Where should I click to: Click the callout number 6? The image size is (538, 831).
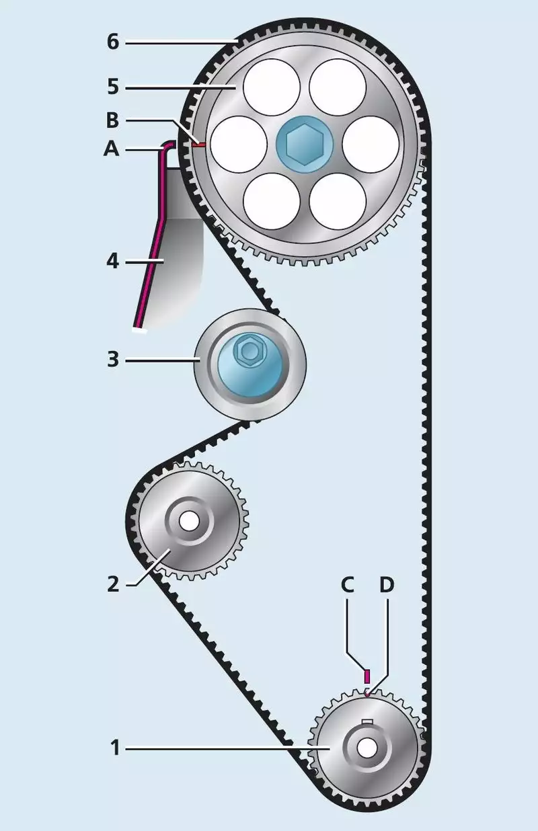[x=112, y=42]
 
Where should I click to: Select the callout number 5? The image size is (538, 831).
[x=112, y=87]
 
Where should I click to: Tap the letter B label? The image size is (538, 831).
[x=112, y=121]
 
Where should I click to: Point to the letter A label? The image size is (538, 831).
[x=111, y=149]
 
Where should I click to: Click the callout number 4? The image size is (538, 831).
[x=112, y=260]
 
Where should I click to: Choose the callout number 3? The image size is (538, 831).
[x=112, y=360]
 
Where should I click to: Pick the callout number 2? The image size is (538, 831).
[x=113, y=583]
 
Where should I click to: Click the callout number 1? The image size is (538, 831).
[x=115, y=746]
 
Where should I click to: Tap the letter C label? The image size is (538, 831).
[x=348, y=585]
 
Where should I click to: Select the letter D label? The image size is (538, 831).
[x=386, y=585]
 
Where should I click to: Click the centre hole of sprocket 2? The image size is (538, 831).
[x=189, y=520]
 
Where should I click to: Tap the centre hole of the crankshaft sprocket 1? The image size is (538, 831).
[x=367, y=746]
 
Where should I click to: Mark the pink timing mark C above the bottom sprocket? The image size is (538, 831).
[x=367, y=676]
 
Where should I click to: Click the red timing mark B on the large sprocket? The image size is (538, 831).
[x=198, y=143]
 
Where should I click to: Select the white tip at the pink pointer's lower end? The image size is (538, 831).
[x=140, y=329]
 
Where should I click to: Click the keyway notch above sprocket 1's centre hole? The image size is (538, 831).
[x=367, y=723]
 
